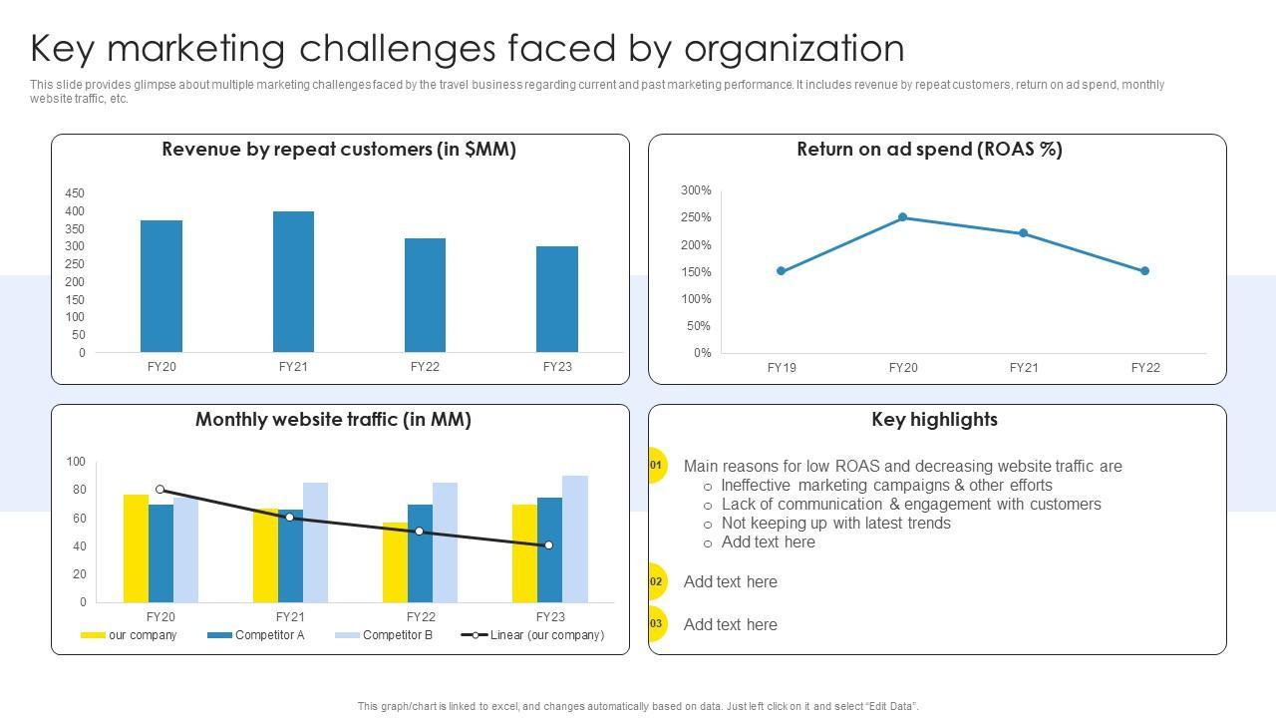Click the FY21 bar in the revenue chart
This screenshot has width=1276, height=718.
tap(293, 282)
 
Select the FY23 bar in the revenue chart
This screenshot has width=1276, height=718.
tap(557, 299)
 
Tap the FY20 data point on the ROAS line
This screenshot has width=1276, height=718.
tap(902, 217)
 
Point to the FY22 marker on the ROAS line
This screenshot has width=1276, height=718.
tap(1144, 271)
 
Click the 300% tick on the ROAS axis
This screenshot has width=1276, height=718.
tap(696, 190)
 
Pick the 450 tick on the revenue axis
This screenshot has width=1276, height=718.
tap(75, 193)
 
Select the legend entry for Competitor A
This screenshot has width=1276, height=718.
tap(256, 635)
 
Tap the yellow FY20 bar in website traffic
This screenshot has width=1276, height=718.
tap(136, 548)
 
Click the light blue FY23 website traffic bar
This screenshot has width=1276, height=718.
tap(575, 538)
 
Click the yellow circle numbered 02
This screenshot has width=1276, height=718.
tap(656, 581)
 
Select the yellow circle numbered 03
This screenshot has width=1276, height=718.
tap(656, 624)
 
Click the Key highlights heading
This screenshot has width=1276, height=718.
tap(934, 420)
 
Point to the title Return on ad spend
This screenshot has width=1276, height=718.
tap(929, 150)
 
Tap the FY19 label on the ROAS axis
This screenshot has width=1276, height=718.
tap(782, 368)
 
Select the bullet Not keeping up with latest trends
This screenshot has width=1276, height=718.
tap(835, 524)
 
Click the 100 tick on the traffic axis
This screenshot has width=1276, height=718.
tap(77, 462)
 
